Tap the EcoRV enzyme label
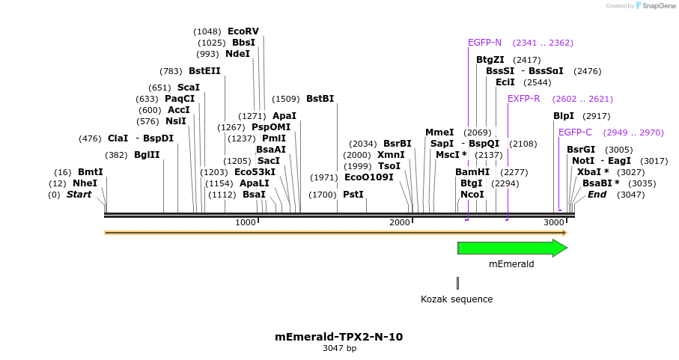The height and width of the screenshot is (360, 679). pos(243,31)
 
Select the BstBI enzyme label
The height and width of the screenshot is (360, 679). pos(320,99)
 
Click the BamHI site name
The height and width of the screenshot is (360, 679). pos(472,172)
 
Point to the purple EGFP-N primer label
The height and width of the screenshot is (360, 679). pos(484,43)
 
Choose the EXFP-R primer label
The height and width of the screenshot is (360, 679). pos(523,99)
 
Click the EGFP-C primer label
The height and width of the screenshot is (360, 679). pos(575,132)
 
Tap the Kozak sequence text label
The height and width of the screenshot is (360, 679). pos(457,299)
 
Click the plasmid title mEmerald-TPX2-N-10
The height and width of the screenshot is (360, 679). pos(339,337)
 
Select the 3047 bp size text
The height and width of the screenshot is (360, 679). pos(339,349)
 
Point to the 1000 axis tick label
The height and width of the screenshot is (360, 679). pos(246,223)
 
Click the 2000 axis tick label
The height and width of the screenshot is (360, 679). pos(400,223)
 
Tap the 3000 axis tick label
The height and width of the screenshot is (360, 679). pos(553,223)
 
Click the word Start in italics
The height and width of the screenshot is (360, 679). pos(79,195)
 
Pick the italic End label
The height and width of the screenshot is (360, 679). pos(597,195)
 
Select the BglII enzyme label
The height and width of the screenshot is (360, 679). pos(147,155)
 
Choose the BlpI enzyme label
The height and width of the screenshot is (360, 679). pos(564,116)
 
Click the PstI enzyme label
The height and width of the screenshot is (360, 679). pos(353,195)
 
